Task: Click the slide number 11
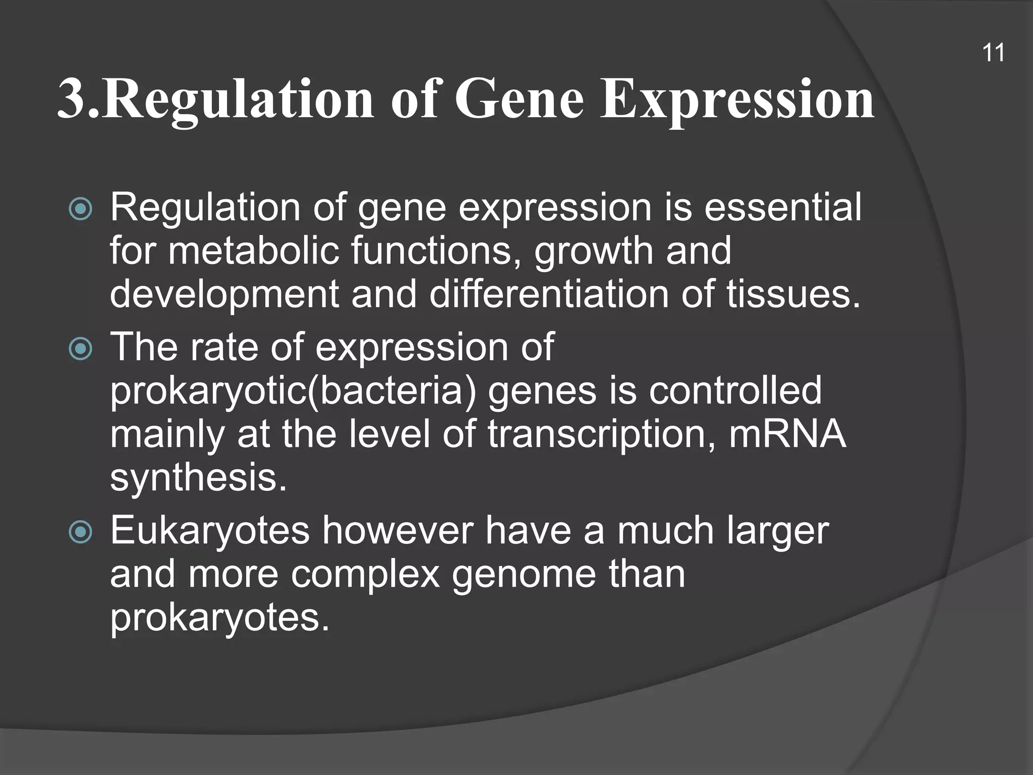point(993,53)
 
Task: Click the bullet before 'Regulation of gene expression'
point(81,209)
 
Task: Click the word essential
point(782,207)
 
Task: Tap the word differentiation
point(549,294)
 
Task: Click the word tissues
point(793,294)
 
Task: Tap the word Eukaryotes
point(210,531)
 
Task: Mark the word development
point(224,295)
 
